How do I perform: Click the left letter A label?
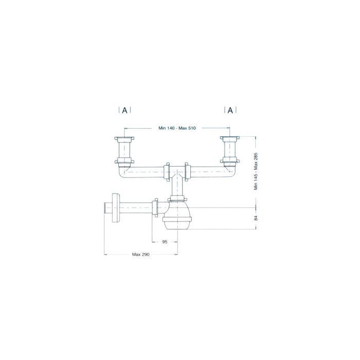[x=124, y=111]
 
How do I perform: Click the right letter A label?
[x=230, y=111]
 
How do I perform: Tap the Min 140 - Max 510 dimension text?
[x=177, y=128]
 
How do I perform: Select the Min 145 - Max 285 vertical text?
[x=256, y=171]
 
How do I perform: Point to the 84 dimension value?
[x=256, y=218]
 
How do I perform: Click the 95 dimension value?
[x=165, y=242]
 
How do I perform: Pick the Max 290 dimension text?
[x=141, y=255]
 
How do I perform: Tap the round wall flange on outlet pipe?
[x=115, y=208]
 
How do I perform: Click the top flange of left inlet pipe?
[x=124, y=139]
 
